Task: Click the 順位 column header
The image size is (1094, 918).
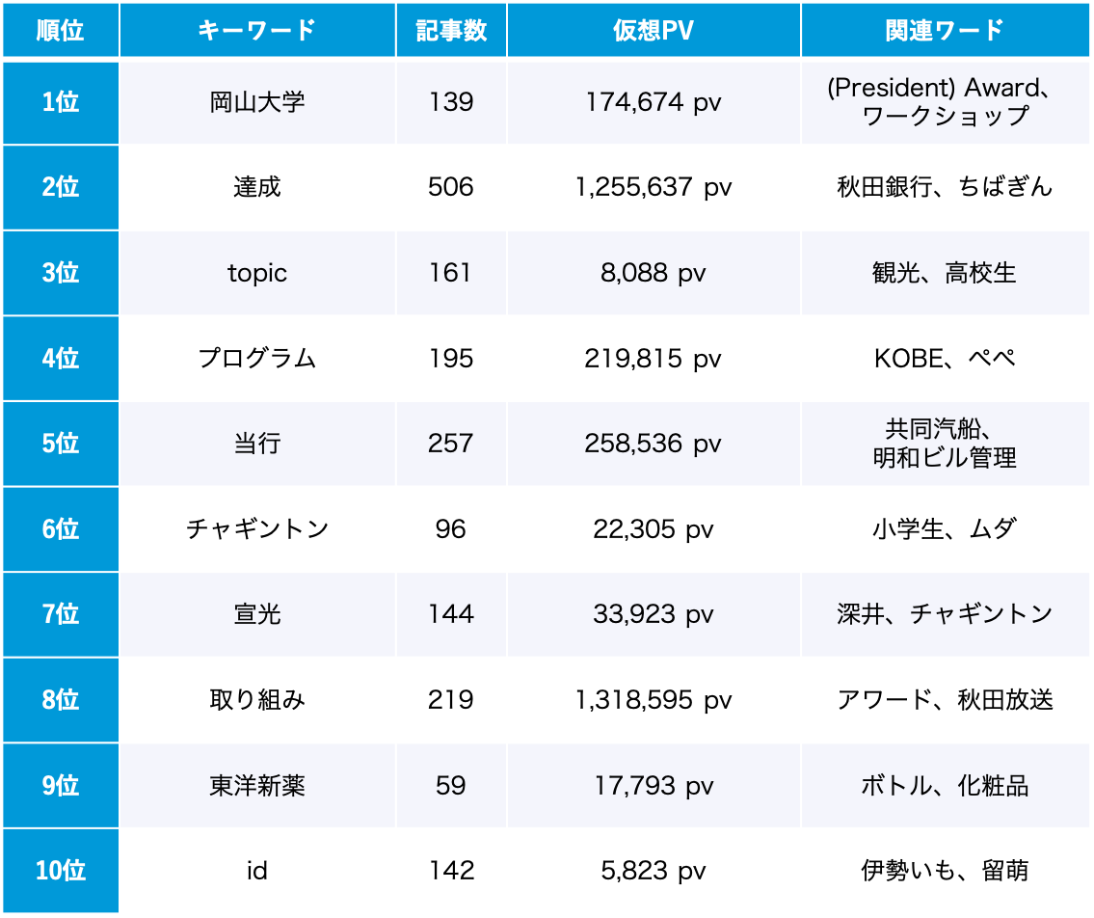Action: (60, 30)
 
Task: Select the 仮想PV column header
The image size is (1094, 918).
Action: (653, 30)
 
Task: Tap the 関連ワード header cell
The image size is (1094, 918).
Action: (945, 30)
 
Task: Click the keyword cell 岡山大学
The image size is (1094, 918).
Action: (257, 102)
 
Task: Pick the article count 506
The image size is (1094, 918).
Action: (451, 187)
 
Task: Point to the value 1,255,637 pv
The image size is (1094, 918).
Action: (653, 187)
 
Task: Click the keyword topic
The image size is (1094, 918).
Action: (257, 273)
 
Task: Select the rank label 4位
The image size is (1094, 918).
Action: (60, 359)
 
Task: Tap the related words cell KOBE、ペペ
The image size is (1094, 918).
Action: (945, 359)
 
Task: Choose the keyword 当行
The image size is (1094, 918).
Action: (257, 444)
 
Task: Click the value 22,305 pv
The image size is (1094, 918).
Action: (653, 528)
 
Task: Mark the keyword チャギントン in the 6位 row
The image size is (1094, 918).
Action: (257, 528)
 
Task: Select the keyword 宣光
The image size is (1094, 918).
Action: (257, 614)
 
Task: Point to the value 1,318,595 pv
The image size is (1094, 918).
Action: (653, 700)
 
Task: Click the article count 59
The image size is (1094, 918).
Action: (451, 785)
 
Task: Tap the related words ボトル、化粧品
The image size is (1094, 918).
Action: (945, 785)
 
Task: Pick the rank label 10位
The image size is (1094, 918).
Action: (60, 871)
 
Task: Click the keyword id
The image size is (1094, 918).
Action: (257, 871)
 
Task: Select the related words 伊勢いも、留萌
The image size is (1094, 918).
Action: (945, 871)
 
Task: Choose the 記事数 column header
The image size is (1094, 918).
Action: (451, 30)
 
